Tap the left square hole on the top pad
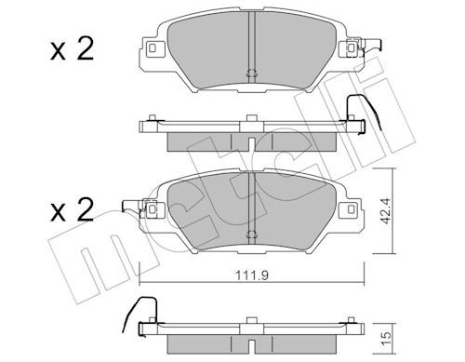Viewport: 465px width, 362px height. click(152, 47)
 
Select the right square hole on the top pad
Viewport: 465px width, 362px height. click(352, 47)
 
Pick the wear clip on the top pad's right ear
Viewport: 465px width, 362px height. click(371, 46)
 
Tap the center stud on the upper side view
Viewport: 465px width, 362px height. click(251, 118)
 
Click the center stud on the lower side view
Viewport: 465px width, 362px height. click(251, 322)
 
